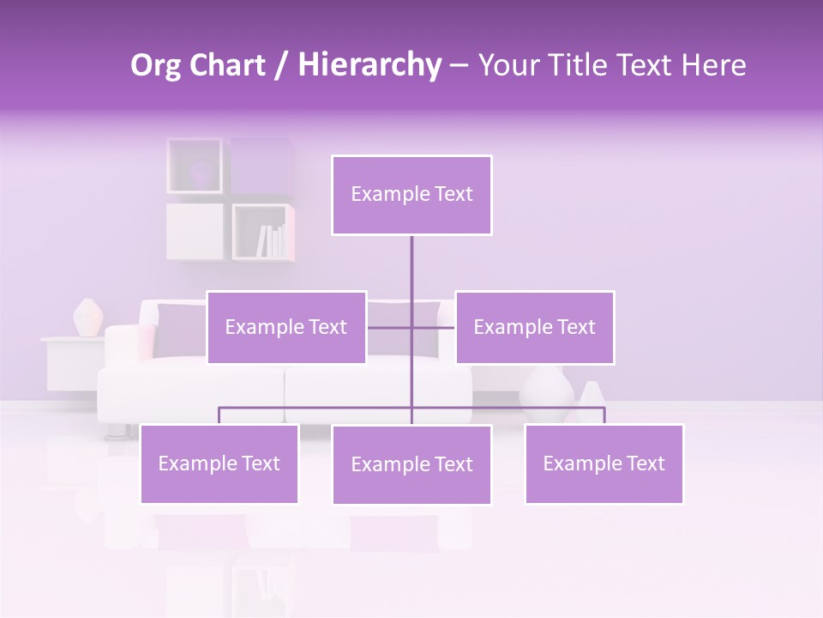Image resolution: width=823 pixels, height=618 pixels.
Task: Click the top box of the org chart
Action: click(411, 195)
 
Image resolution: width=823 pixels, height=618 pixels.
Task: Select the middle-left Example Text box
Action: click(286, 327)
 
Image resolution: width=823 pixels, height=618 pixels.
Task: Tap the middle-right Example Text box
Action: click(534, 327)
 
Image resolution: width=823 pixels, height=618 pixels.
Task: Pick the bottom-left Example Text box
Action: click(219, 463)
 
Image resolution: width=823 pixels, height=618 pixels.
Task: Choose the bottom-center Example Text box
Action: click(411, 464)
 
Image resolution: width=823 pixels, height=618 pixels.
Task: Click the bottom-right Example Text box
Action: click(604, 463)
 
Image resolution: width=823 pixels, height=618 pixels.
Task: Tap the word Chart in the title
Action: click(231, 65)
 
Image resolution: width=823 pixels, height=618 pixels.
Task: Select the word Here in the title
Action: click(713, 65)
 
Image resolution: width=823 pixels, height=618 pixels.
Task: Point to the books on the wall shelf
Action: click(271, 240)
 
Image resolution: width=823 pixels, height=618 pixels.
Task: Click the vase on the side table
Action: click(87, 318)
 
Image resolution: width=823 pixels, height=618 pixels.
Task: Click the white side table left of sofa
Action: click(72, 360)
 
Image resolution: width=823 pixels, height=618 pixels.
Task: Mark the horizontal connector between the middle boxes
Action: click(411, 327)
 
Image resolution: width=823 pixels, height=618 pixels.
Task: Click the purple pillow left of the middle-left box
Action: click(180, 330)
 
